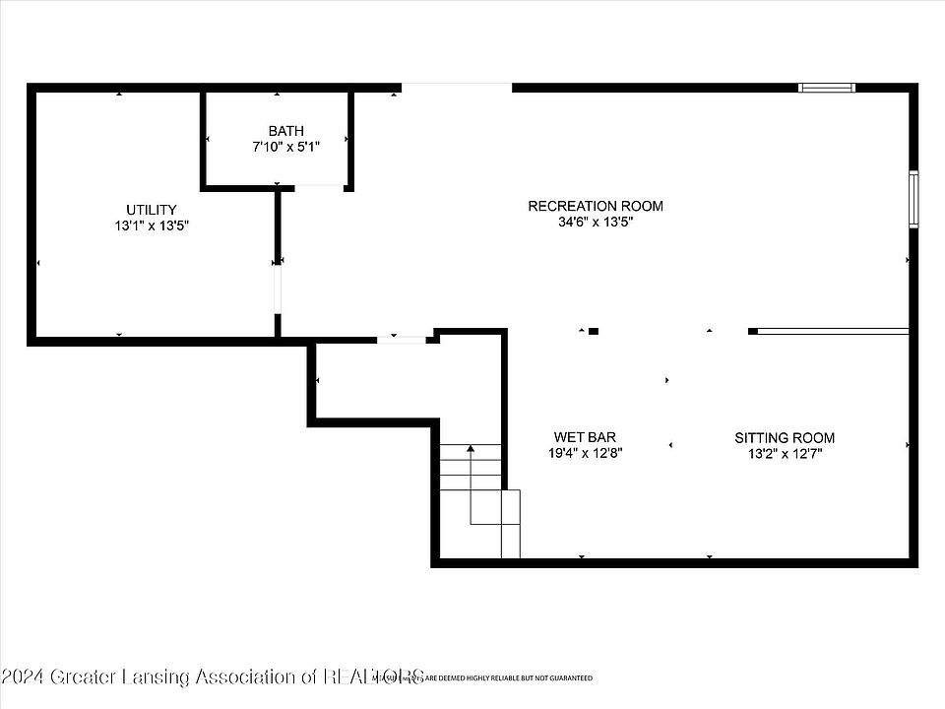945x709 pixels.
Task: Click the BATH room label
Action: (286, 131)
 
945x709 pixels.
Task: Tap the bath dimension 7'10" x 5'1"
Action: (286, 147)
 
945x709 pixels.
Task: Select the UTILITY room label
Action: (152, 210)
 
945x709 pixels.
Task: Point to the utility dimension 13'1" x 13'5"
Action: (152, 226)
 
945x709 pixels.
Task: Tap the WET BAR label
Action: (586, 437)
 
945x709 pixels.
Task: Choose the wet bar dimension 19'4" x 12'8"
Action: (586, 453)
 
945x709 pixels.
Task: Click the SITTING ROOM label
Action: (785, 437)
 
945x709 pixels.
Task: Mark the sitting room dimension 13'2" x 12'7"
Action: (785, 453)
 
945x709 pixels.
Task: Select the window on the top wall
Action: (826, 88)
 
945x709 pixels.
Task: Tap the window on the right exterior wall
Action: (913, 200)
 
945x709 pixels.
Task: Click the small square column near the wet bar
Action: (593, 332)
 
